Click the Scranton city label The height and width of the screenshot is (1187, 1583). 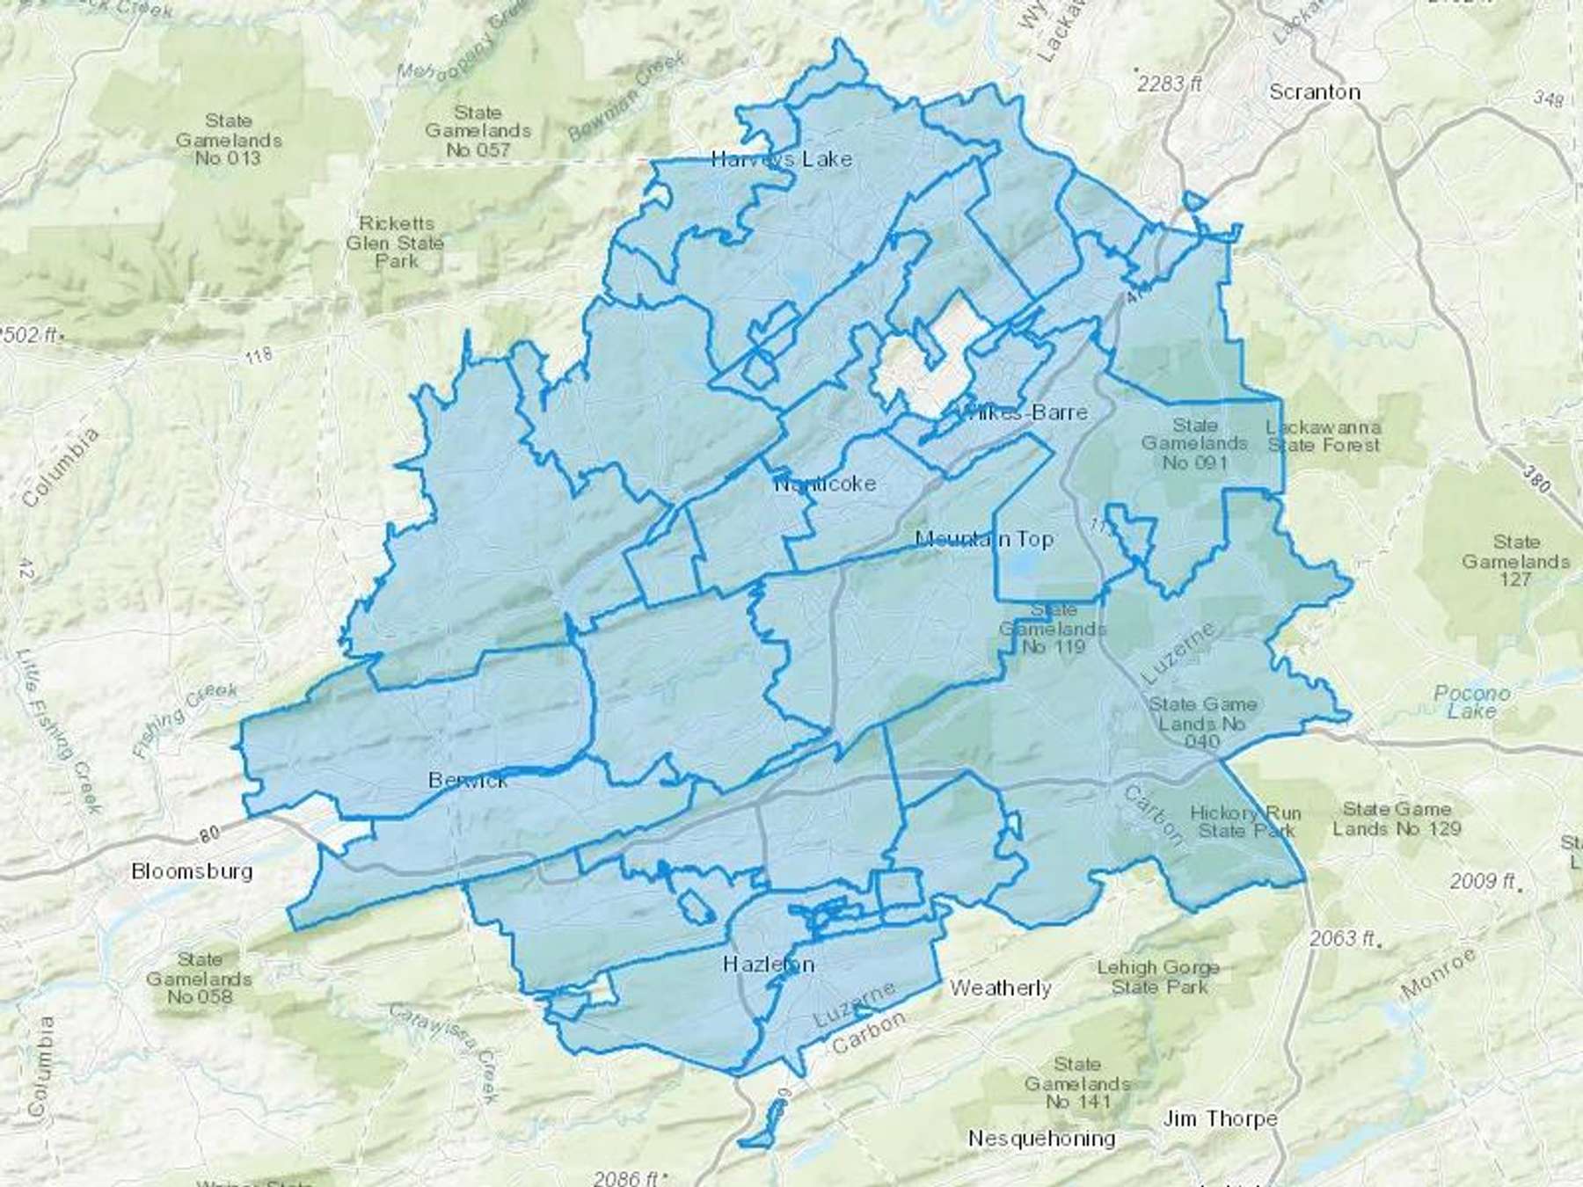1315,91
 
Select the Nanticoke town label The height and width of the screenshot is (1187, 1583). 825,484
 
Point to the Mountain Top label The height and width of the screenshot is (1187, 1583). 984,538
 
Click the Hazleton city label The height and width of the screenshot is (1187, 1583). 768,964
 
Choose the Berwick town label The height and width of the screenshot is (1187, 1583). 468,780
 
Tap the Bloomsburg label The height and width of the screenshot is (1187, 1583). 192,871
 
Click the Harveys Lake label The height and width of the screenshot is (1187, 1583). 781,159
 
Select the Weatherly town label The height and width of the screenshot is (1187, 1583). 1000,987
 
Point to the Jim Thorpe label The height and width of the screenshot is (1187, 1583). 1220,1118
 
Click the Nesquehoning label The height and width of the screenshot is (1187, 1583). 1041,1139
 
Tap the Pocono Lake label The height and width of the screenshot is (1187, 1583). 1470,702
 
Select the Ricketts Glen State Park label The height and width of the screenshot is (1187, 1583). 395,242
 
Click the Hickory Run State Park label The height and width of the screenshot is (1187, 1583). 1244,821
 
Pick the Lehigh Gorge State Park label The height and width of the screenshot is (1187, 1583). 1157,977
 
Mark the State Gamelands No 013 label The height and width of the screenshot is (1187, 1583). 229,139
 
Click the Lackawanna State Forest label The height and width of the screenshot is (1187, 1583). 1323,436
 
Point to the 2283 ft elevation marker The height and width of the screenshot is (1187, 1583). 1169,84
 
